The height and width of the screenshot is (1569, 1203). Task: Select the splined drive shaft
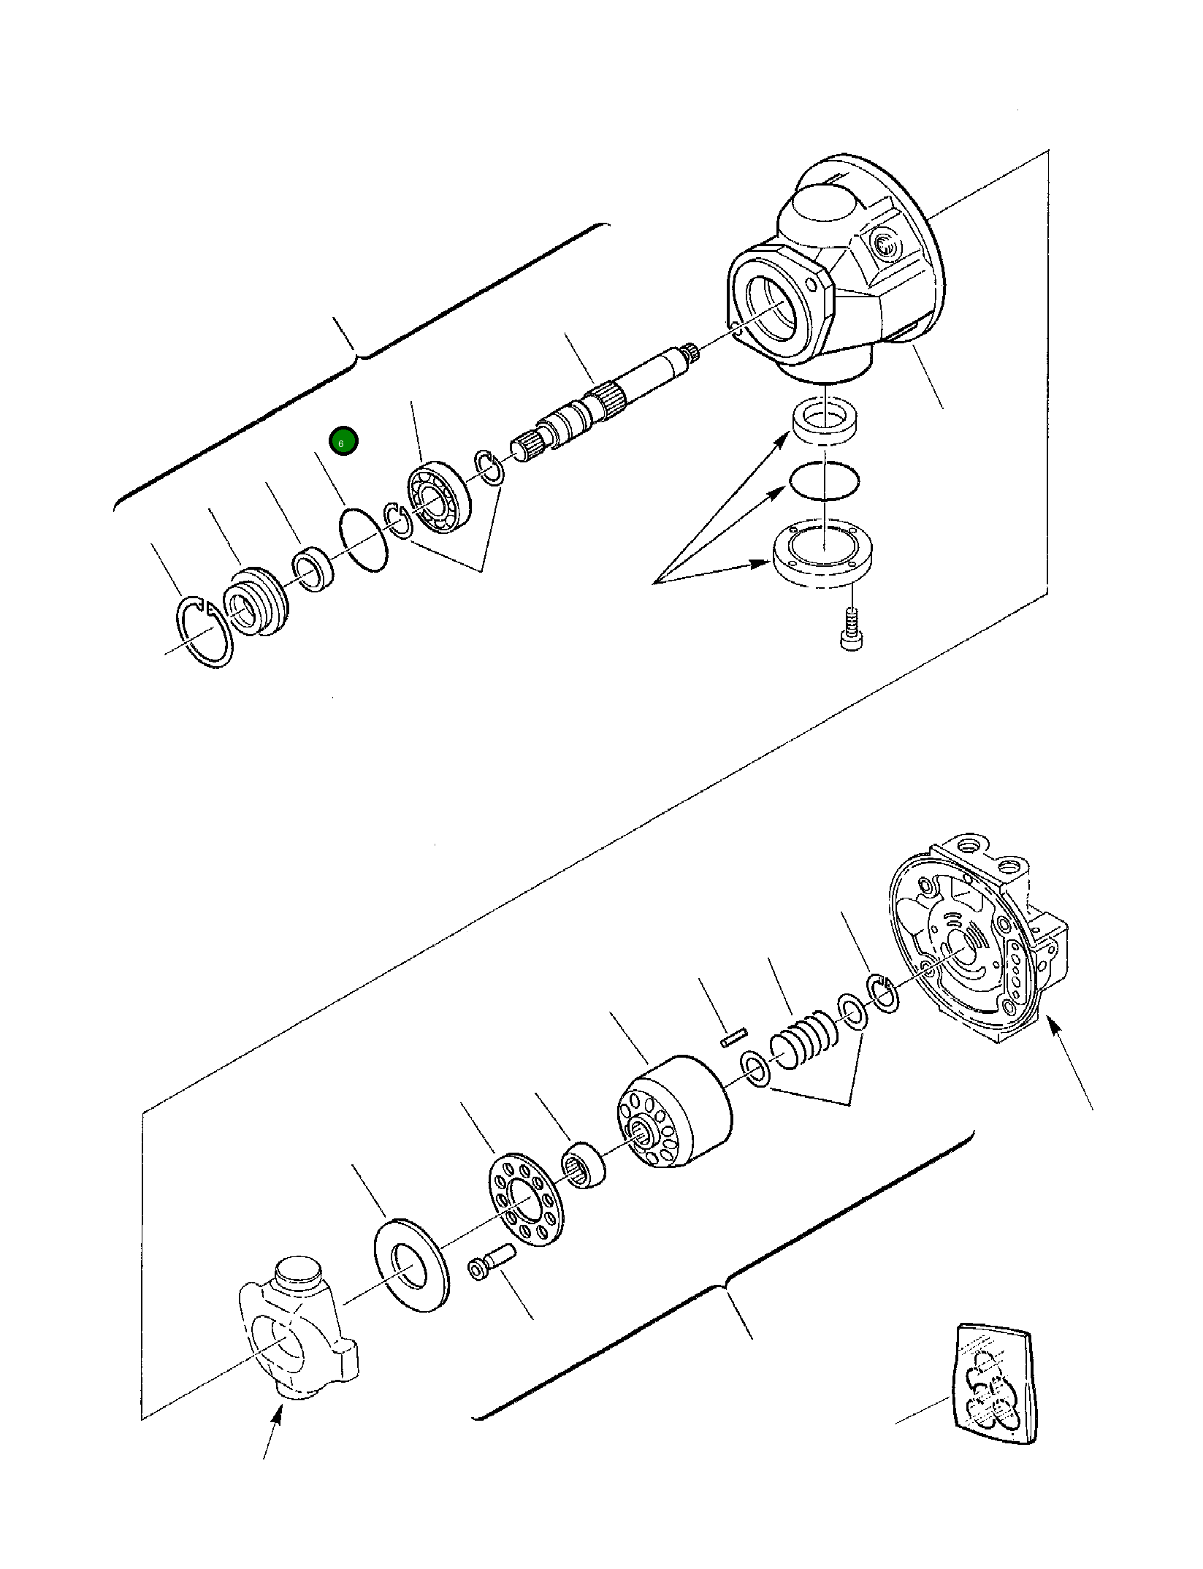606,405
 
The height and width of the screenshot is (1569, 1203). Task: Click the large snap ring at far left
205,632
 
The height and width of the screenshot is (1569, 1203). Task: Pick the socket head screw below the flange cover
849,627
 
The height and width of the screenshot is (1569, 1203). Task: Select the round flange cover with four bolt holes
824,554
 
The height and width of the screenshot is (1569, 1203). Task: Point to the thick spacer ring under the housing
825,422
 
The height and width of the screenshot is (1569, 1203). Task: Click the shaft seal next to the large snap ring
256,601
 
